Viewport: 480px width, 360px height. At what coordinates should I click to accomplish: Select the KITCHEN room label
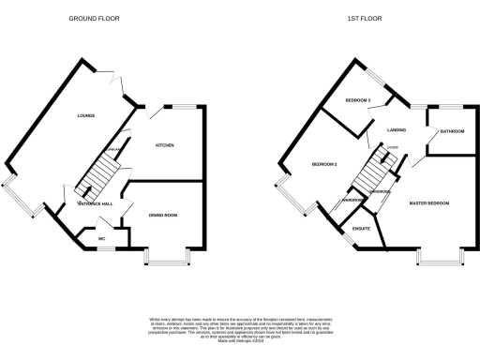click(165, 145)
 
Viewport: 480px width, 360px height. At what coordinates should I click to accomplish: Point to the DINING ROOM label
click(163, 216)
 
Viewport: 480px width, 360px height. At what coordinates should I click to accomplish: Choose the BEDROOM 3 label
click(358, 99)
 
